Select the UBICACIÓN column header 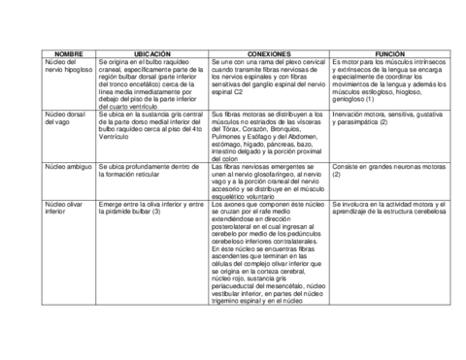point(152,52)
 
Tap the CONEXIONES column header point(269,52)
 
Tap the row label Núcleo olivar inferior point(66,211)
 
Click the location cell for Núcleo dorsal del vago point(152,124)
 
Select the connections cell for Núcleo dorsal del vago point(269,135)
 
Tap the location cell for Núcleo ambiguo point(152,172)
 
